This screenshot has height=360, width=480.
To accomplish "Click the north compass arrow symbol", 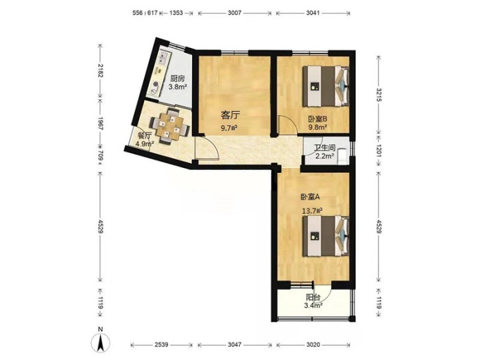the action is pos(100,342).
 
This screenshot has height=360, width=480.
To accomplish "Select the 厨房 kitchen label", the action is pos(178,79).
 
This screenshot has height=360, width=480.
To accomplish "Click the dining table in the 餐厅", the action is pos(170,125).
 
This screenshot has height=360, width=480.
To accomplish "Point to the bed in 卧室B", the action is pos(326,86).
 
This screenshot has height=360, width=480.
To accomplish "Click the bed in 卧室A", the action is pos(326,236).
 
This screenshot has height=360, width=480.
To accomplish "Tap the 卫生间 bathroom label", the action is pos(325,148).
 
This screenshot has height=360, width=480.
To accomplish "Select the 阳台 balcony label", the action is pos(313,297).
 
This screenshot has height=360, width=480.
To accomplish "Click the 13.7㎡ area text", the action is pos(312,211).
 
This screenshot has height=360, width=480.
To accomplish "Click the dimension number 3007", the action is pos(235,13).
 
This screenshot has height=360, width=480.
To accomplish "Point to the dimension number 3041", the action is pos(313,13).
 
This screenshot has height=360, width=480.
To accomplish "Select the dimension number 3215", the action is pos(379,95).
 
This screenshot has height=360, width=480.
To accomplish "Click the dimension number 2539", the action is pos(161,345).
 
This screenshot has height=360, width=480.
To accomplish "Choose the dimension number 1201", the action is pos(379,151).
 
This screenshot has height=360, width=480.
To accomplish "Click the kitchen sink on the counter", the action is pos(163,58).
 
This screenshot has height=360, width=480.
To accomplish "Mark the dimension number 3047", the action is pos(235,345).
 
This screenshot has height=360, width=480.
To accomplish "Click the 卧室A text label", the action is pos(310,197).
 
